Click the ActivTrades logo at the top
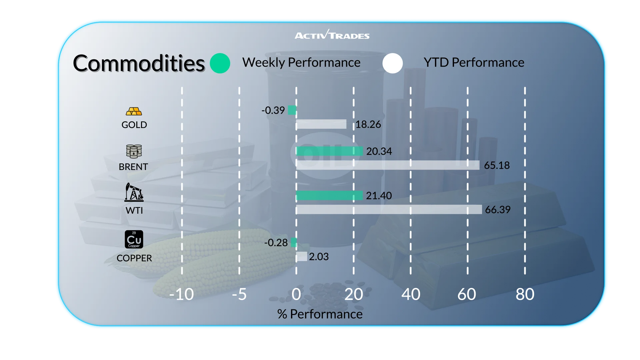(332, 35)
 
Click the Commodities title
(139, 63)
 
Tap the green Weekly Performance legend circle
(220, 63)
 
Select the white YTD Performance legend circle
(393, 63)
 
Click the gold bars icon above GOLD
(134, 111)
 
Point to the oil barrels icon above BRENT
(134, 151)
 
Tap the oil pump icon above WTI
(134, 192)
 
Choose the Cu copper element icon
(134, 239)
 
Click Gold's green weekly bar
(292, 110)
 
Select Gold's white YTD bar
(321, 124)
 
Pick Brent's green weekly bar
(329, 151)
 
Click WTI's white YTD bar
(389, 210)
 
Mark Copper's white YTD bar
(302, 257)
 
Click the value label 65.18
(497, 165)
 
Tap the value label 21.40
(379, 196)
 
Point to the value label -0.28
(276, 243)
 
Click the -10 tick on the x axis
(182, 294)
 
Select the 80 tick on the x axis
(525, 294)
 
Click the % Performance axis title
(320, 314)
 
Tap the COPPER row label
(134, 258)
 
